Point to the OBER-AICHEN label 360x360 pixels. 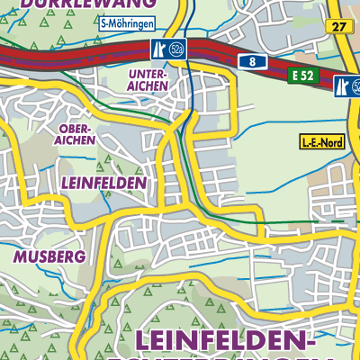tap(75, 135)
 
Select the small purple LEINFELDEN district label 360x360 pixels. tap(104, 182)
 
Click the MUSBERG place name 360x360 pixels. tap(49, 256)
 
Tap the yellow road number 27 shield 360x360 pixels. tap(337, 27)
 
